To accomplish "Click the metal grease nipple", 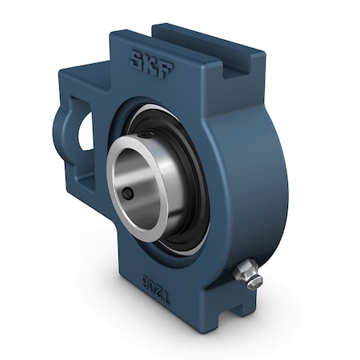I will tap(247, 274).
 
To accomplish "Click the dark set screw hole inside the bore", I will tap(128, 194).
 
